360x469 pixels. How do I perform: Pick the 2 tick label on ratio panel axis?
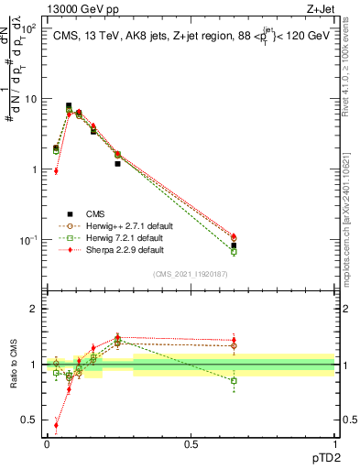click(34, 309)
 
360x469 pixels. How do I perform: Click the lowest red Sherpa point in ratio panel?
click(57, 425)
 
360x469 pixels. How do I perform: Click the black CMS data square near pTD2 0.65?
click(234, 245)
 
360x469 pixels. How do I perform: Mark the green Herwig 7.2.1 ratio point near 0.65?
click(234, 380)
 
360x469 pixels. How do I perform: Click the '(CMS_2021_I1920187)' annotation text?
click(191, 274)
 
